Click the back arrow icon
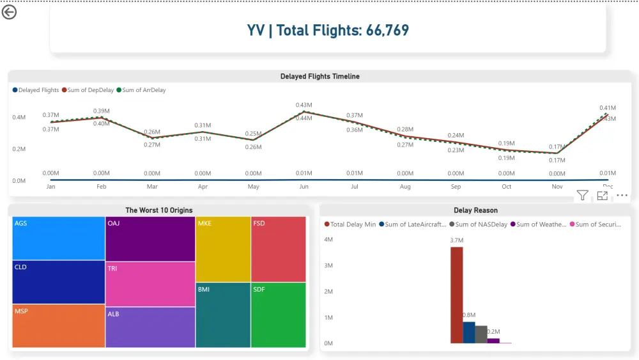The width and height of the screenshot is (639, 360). point(9,12)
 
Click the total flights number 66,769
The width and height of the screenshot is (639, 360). point(387,30)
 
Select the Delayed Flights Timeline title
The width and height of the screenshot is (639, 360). point(319,77)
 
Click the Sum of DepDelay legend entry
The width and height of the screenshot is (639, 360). point(90,90)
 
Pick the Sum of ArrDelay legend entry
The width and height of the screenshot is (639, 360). point(144,90)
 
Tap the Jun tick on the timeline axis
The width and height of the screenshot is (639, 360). point(304,187)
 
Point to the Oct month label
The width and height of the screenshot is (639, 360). point(506,187)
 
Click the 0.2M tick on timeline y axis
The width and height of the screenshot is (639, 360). point(19,149)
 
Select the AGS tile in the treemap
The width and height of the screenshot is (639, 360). point(59,238)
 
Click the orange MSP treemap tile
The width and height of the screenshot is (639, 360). point(59,326)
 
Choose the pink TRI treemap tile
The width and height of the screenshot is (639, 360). point(150,285)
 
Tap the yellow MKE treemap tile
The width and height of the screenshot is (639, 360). point(223,249)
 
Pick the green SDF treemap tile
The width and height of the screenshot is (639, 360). point(279,315)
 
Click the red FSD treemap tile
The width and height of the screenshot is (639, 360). point(279,249)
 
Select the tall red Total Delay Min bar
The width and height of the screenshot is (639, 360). point(456,295)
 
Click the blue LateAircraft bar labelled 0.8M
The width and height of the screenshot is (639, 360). point(469,333)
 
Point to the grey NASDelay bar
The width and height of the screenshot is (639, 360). point(481,334)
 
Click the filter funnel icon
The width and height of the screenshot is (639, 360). point(582,196)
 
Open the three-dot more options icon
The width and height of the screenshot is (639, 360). point(622,196)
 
